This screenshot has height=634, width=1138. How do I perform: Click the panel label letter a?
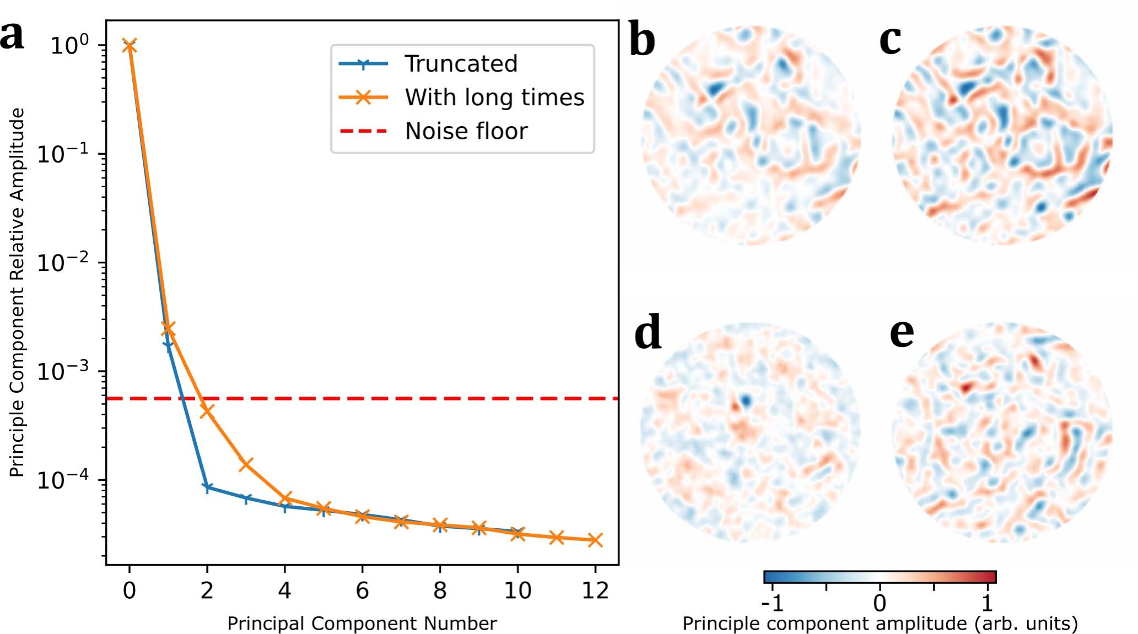[12, 36]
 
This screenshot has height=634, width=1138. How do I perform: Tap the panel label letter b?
[642, 41]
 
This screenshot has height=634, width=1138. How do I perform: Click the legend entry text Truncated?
[461, 64]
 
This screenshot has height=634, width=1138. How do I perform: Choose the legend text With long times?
[494, 97]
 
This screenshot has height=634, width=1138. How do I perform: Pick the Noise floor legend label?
[466, 132]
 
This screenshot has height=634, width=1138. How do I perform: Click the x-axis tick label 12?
[595, 591]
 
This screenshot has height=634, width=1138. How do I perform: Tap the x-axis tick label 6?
[362, 591]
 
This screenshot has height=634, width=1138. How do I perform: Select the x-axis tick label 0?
[129, 591]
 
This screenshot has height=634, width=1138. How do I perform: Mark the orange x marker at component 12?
[595, 540]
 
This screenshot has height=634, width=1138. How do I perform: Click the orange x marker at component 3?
[246, 464]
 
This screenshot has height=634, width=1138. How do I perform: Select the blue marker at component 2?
[207, 487]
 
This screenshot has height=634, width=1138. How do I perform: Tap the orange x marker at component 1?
[168, 329]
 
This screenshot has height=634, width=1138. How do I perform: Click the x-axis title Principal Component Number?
[362, 624]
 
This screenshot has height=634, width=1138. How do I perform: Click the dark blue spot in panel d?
[746, 400]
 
